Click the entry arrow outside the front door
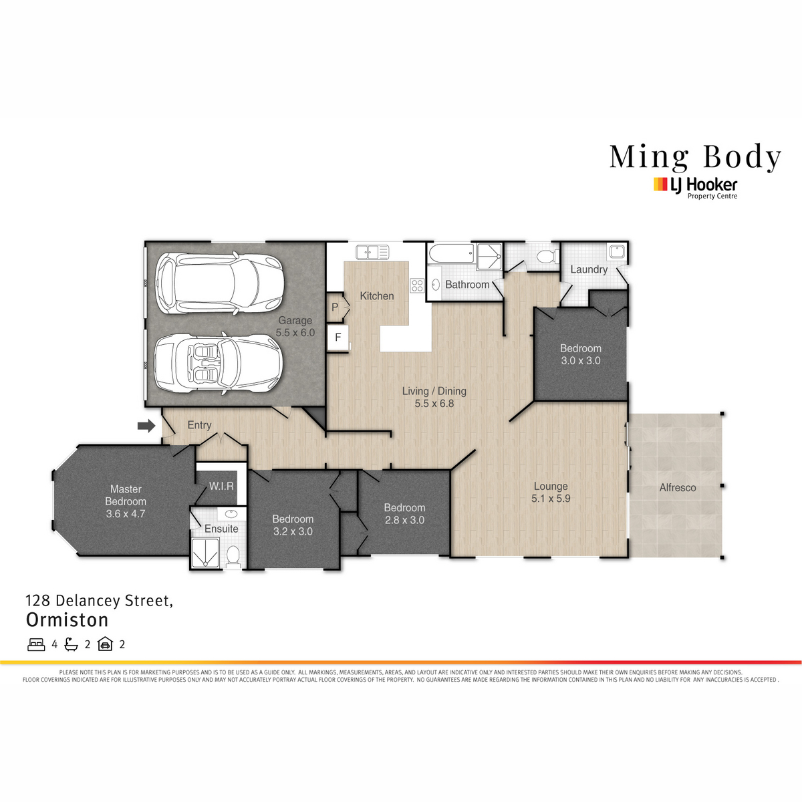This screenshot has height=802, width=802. point(146,426)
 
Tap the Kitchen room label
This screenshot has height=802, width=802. point(377,296)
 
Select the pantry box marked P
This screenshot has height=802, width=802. point(336,307)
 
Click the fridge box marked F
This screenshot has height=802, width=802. point(338,338)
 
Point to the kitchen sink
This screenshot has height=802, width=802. point(372,252)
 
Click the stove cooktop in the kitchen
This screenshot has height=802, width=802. point(417,285)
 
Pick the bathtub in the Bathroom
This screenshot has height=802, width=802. point(452,253)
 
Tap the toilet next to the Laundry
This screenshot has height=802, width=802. point(548,257)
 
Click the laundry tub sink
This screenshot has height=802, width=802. point(617,251)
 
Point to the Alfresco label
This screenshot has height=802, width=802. point(678,487)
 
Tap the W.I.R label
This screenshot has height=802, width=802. point(221,486)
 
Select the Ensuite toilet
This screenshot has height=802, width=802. point(233,557)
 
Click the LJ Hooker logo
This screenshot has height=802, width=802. point(696,188)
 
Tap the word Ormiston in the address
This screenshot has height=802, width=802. point(67,620)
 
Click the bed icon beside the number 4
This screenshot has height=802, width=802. point(36,645)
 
